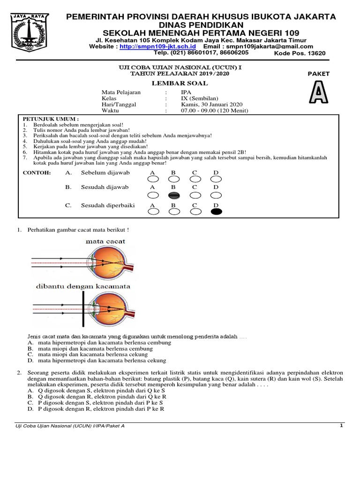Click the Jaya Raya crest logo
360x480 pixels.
tap(30, 34)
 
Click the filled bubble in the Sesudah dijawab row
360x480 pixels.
tap(173, 195)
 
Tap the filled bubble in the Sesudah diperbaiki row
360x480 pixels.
tap(216, 212)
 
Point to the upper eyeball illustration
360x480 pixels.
tap(111, 263)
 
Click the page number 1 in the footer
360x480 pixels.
tap(342, 426)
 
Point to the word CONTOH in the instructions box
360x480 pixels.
tap(37, 173)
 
